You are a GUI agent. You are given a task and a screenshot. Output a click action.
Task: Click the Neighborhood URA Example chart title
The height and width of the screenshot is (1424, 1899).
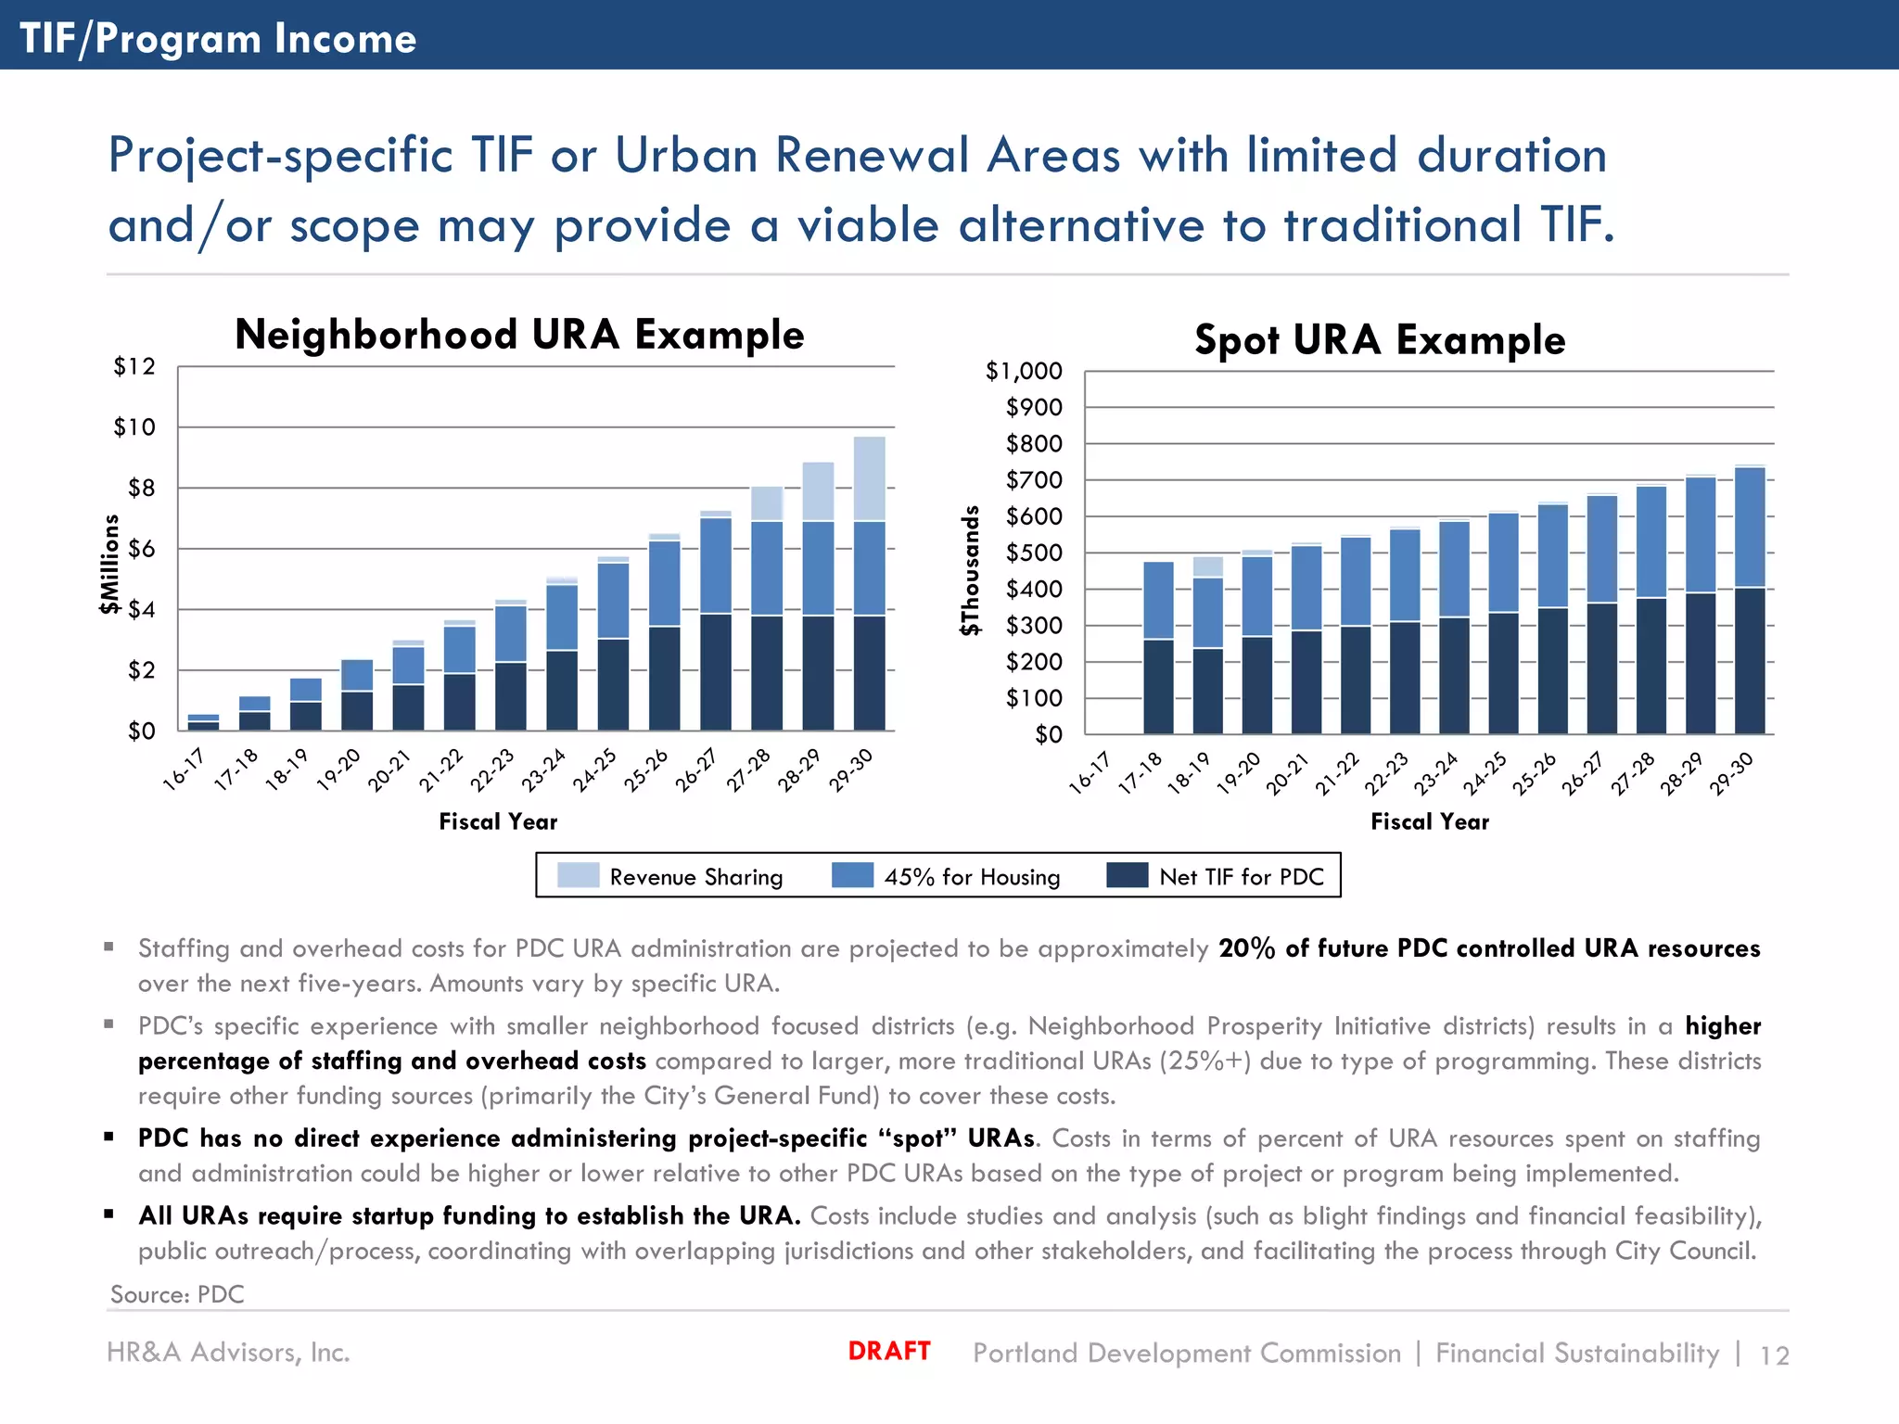[519, 336]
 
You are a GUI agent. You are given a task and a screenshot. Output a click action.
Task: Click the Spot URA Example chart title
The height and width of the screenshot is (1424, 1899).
[1380, 340]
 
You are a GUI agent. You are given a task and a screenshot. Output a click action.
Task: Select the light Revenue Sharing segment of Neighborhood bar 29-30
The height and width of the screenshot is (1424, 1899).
[869, 478]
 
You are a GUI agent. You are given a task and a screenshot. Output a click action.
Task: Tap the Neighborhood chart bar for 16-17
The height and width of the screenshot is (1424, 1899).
[204, 722]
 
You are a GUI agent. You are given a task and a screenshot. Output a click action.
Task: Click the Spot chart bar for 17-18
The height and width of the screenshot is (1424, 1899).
[1158, 647]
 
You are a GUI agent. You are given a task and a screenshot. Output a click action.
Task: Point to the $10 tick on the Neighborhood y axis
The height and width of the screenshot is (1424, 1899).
[134, 427]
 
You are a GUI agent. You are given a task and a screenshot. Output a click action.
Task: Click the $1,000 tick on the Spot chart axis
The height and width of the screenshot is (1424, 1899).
[1024, 372]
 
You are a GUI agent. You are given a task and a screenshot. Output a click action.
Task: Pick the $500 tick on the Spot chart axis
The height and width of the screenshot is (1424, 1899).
[1034, 553]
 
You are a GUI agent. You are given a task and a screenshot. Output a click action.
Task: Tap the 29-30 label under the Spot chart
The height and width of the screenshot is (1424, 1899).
[1732, 773]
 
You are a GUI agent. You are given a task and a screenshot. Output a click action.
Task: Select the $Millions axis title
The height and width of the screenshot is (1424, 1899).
[110, 564]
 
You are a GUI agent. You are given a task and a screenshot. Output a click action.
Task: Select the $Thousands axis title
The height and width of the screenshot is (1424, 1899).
[970, 570]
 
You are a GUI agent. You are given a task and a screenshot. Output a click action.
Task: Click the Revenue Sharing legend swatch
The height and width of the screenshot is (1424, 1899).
[578, 876]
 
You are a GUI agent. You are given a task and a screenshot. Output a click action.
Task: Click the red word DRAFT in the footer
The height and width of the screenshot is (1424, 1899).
[889, 1351]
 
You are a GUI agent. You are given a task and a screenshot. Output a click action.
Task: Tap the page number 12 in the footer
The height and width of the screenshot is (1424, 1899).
[1774, 1355]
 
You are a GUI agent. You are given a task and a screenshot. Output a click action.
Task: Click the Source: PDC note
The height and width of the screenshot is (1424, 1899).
[177, 1294]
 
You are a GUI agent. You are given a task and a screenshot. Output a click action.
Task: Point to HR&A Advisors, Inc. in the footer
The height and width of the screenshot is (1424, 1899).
[228, 1353]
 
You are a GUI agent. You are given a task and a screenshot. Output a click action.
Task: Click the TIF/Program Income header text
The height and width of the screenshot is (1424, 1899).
[218, 39]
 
